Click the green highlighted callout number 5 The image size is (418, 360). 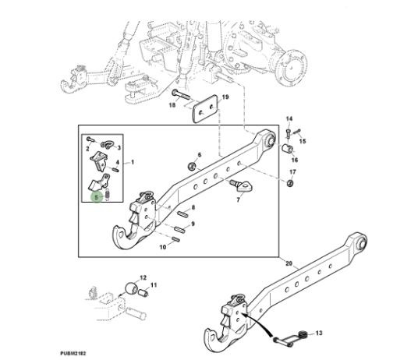tap(96, 197)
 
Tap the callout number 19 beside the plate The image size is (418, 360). tap(225, 97)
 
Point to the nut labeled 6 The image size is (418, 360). tap(192, 167)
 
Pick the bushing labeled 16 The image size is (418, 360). tap(287, 148)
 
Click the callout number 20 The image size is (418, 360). tap(289, 263)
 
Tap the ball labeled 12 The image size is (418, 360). tap(132, 288)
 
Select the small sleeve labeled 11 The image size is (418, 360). tap(143, 293)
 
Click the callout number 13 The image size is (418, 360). tap(319, 333)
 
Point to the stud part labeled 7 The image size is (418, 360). tap(242, 186)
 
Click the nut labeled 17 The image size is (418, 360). tap(290, 183)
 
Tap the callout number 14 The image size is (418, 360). tap(289, 118)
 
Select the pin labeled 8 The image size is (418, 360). tap(182, 214)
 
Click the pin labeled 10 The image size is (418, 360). tap(176, 239)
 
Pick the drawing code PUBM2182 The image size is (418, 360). tap(73, 354)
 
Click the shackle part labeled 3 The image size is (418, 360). tap(107, 145)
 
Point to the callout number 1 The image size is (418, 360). tap(133, 162)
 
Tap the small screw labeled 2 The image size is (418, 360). tap(90, 139)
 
